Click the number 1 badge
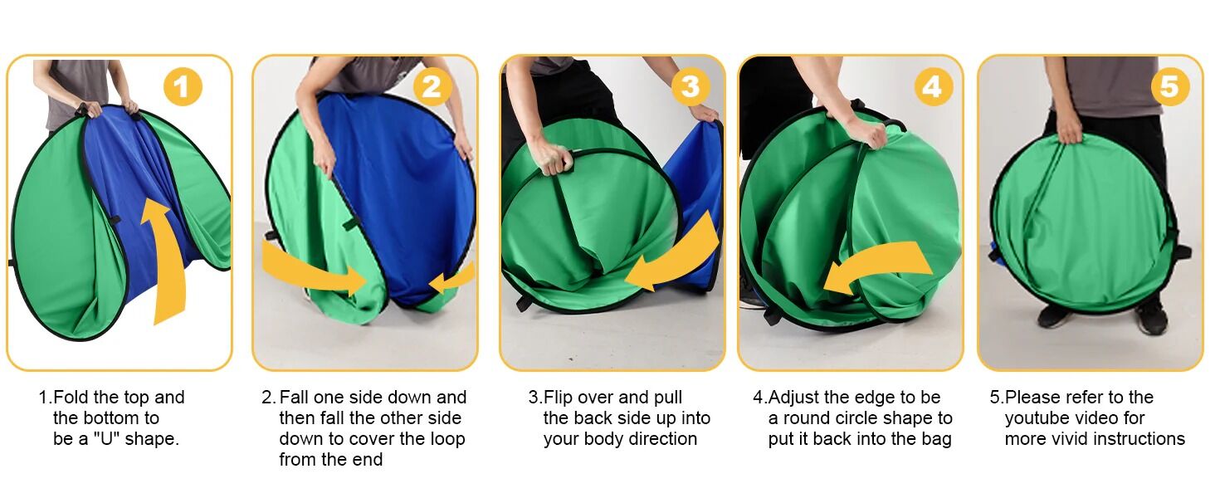click(x=183, y=87)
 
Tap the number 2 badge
click(x=432, y=87)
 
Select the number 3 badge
click(x=690, y=87)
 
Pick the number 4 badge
click(x=933, y=87)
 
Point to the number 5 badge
click(x=1169, y=87)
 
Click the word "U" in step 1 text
click(x=105, y=438)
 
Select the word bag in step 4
click(x=936, y=439)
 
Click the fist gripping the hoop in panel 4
click(x=872, y=134)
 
